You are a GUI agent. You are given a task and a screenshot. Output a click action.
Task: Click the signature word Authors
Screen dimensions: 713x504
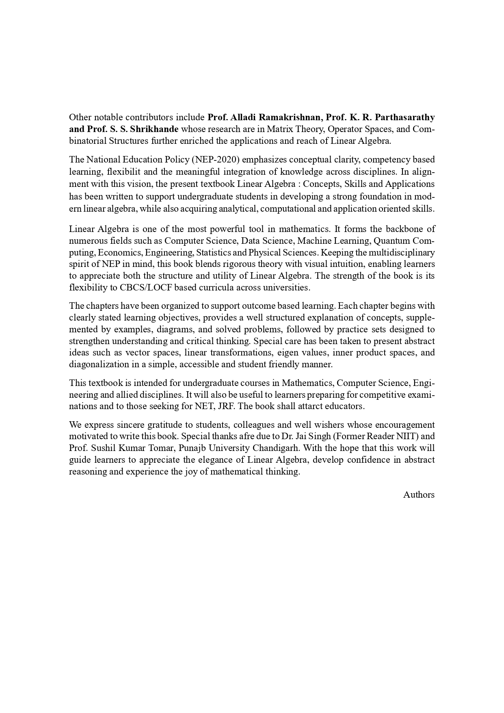[419, 495]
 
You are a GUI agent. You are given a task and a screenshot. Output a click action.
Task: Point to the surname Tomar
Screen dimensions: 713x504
[162, 448]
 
